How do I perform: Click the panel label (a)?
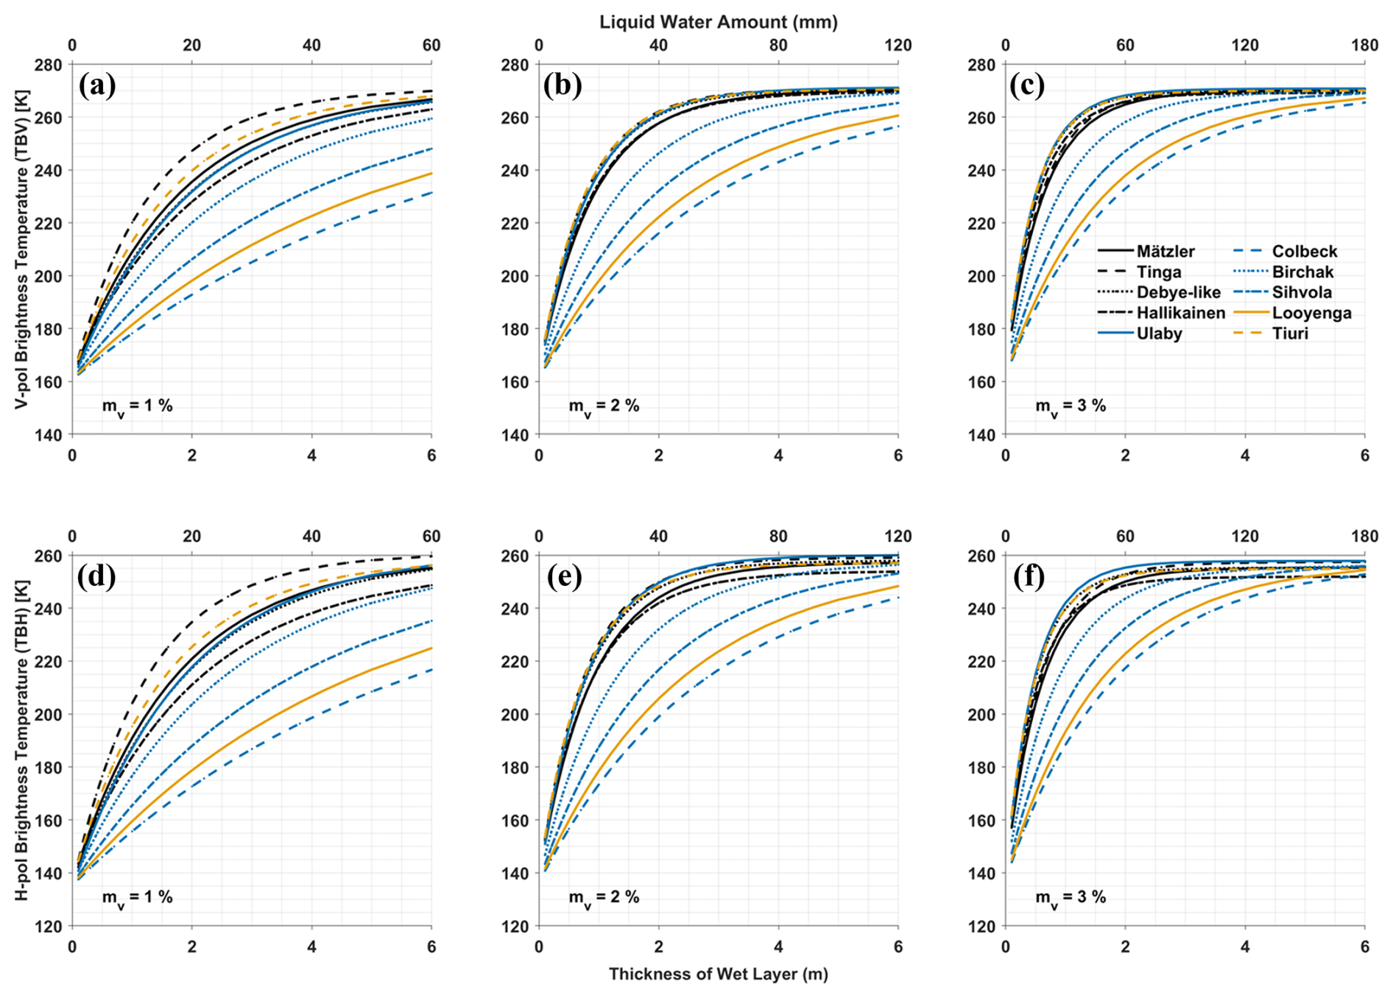[97, 86]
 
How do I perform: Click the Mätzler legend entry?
[1165, 252]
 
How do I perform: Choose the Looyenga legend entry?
[1312, 314]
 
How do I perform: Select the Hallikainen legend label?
[1180, 314]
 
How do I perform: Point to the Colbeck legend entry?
[1305, 252]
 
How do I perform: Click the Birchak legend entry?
[1302, 272]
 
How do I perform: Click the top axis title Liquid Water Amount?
[718, 22]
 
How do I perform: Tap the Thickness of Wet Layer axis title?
[718, 974]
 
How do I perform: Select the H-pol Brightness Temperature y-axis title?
[22, 740]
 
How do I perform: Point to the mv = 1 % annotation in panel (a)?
[137, 406]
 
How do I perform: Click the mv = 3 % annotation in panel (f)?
[1071, 898]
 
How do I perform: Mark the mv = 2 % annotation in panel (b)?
[604, 406]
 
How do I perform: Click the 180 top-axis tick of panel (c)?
[1364, 46]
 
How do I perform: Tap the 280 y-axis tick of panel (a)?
[50, 65]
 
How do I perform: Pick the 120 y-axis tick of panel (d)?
[50, 926]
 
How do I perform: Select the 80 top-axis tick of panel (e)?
[778, 536]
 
